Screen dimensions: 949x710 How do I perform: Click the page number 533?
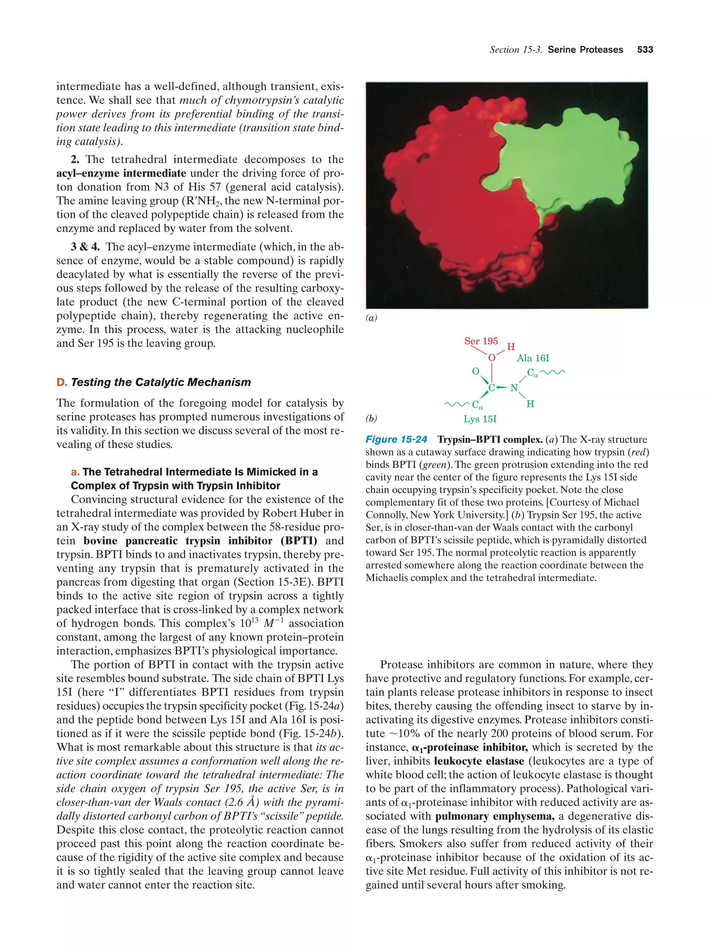pos(645,50)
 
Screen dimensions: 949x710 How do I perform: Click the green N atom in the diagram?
pos(514,388)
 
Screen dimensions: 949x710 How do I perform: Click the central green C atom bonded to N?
pos(492,388)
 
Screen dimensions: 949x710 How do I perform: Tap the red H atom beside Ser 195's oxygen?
pos(511,347)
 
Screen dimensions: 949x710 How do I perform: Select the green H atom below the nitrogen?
pos(530,404)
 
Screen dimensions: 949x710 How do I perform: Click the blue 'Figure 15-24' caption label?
pos(396,439)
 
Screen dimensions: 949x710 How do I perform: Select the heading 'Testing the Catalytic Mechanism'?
pos(161,382)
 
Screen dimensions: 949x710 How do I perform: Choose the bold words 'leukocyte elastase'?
pos(479,761)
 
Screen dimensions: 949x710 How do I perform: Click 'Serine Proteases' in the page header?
pos(585,50)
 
